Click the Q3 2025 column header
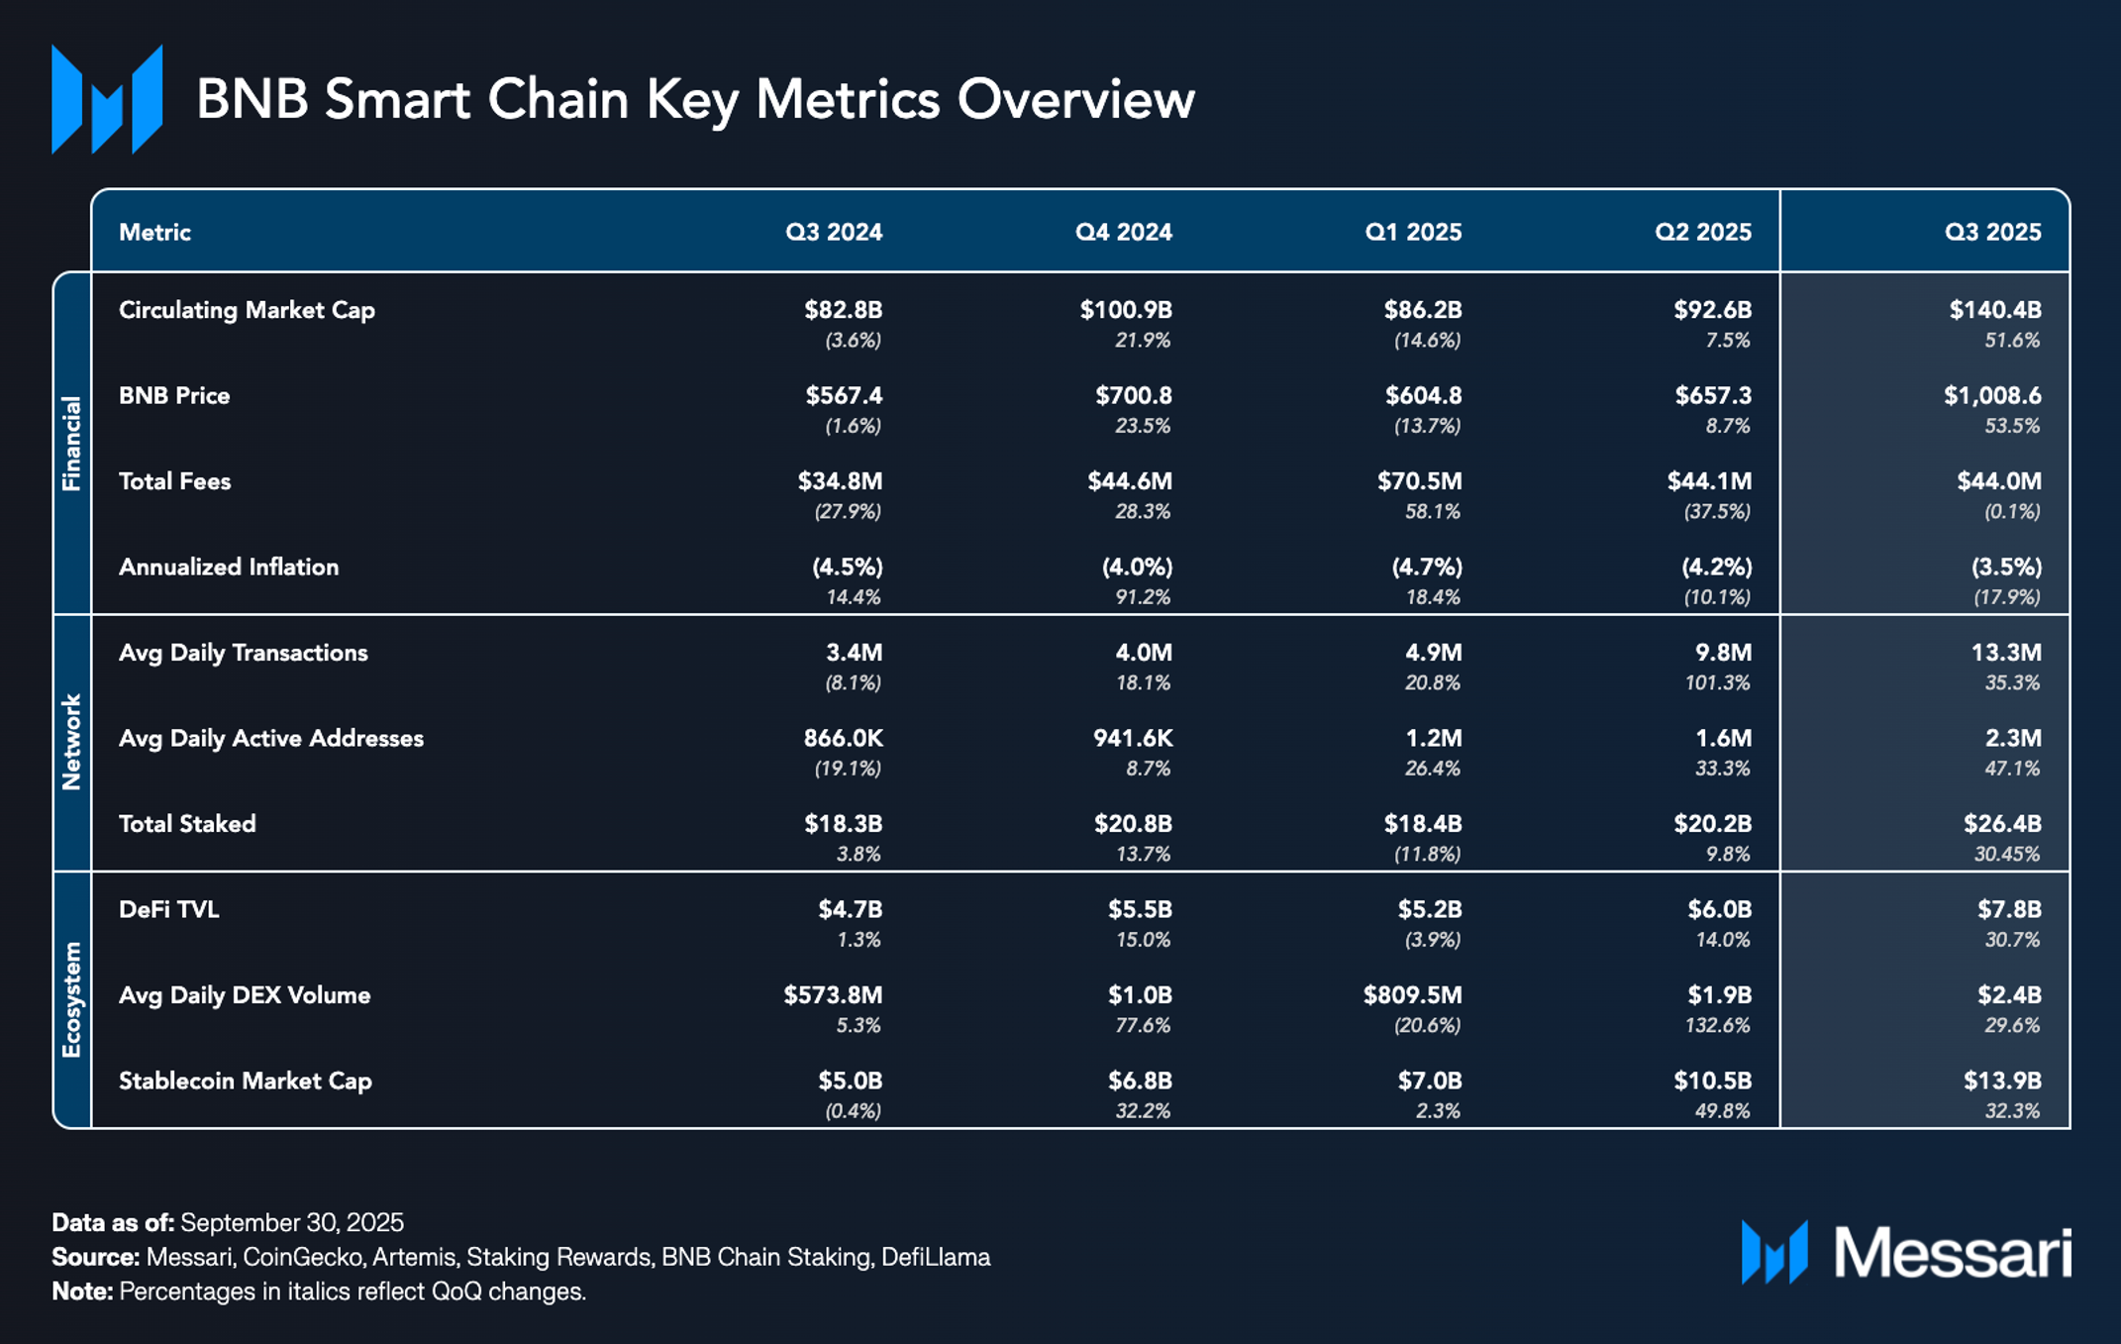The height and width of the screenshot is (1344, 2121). [x=1992, y=233]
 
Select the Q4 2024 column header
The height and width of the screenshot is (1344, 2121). [x=1123, y=233]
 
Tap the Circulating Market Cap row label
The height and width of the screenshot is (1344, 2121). [x=247, y=310]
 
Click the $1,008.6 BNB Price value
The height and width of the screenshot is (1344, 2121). [x=1991, y=396]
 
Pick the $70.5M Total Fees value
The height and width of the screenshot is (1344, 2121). [x=1419, y=481]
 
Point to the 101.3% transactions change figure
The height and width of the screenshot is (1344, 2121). [x=1717, y=682]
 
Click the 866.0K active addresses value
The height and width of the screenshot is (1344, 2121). [x=843, y=739]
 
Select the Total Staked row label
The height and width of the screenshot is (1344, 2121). [x=187, y=824]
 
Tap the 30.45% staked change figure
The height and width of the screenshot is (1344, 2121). [x=2006, y=854]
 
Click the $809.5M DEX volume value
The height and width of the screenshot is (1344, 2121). [x=1412, y=995]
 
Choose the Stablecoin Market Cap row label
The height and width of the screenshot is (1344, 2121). [x=245, y=1081]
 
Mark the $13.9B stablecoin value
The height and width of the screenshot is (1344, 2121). [x=2002, y=1081]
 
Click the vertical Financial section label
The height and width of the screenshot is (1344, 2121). [x=71, y=443]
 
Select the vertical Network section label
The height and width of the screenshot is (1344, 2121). [x=71, y=742]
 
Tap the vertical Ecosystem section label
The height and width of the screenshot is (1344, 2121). [x=71, y=999]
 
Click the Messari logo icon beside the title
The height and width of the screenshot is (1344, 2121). [x=107, y=100]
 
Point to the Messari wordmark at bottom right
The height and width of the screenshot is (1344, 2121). [x=1952, y=1253]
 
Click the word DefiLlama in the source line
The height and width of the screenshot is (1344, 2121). [x=936, y=1257]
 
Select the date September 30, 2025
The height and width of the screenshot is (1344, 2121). [x=292, y=1222]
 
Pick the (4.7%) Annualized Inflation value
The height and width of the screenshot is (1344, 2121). [x=1426, y=568]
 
